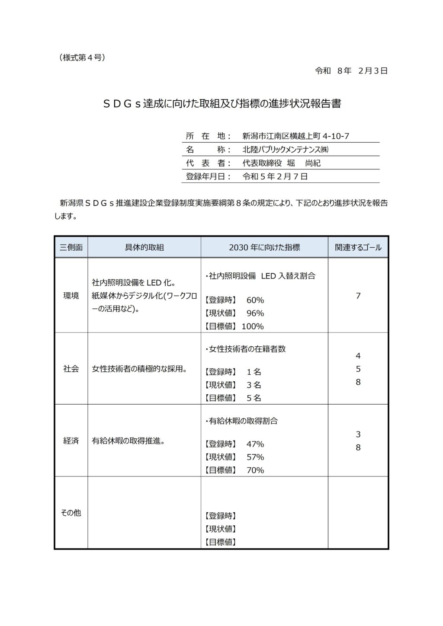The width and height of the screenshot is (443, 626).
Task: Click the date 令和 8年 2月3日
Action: tap(351, 71)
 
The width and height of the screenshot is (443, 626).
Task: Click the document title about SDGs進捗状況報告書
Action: tap(221, 105)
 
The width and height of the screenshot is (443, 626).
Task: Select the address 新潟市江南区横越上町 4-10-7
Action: tap(295, 136)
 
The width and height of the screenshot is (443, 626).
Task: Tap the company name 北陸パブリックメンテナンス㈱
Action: tap(286, 150)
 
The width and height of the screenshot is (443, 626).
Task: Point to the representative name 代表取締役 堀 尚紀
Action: tap(281, 163)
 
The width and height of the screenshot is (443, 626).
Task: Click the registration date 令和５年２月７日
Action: tap(275, 176)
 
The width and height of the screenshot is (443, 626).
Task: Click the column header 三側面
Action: tap(71, 248)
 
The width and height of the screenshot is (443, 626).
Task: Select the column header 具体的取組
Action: tap(144, 248)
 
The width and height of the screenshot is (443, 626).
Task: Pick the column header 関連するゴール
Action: tap(358, 248)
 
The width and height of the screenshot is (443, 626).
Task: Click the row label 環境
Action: tap(71, 296)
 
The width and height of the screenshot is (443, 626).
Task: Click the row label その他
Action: tap(71, 513)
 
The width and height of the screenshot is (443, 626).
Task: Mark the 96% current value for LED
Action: tap(255, 313)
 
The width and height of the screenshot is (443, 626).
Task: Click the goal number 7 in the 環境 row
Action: tap(358, 296)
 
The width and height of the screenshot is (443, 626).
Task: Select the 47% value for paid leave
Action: tap(255, 444)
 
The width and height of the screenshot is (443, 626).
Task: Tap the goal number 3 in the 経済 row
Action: tap(358, 434)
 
